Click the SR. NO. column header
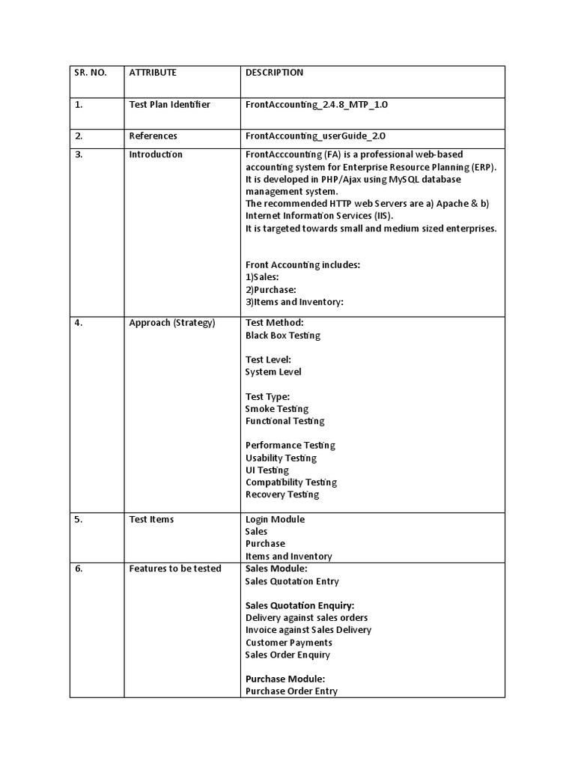click(x=91, y=73)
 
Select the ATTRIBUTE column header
click(x=153, y=73)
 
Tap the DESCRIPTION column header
click(x=274, y=73)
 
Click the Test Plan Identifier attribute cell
click(x=169, y=104)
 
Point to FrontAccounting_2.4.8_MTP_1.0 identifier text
click(x=316, y=104)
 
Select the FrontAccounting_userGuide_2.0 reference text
click(x=315, y=136)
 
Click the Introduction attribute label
click(x=156, y=154)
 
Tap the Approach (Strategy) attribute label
click(x=171, y=323)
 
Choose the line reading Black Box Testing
click(x=282, y=336)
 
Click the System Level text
click(x=273, y=372)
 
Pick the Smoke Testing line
click(x=276, y=409)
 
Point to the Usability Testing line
click(x=281, y=458)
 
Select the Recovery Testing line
click(x=282, y=494)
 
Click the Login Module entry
click(x=275, y=519)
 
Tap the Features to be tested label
click(x=175, y=569)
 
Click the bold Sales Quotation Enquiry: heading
click(x=299, y=605)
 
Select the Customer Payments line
click(x=288, y=642)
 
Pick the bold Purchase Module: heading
click(x=285, y=679)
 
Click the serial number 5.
click(x=78, y=519)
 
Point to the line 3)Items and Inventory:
click(x=294, y=302)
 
